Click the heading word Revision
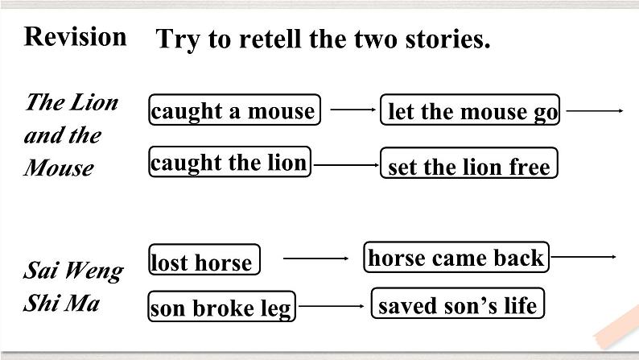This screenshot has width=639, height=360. click(76, 36)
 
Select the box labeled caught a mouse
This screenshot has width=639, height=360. click(233, 110)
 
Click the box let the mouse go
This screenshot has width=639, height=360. click(471, 111)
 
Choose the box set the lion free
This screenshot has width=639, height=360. click(468, 166)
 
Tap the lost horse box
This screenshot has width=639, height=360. click(204, 261)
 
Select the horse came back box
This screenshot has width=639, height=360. click(456, 258)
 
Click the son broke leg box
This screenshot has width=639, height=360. click(221, 307)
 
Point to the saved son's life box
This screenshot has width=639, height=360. click(457, 305)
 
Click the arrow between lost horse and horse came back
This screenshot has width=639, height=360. click(315, 259)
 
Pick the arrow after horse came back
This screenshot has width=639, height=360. click(583, 257)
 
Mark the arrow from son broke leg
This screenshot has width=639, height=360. click(332, 306)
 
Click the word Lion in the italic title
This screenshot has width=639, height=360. click(97, 102)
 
